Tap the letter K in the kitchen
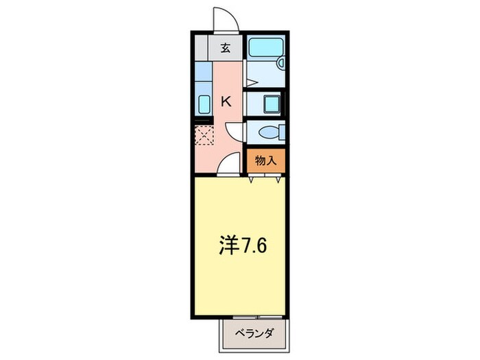(226, 101)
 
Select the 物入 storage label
(265, 161)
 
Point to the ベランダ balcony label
(254, 333)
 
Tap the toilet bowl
(267, 131)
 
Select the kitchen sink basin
(204, 104)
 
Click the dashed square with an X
(204, 135)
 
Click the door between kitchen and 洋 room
(230, 165)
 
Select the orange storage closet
(265, 161)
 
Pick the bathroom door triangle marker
(250, 82)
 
